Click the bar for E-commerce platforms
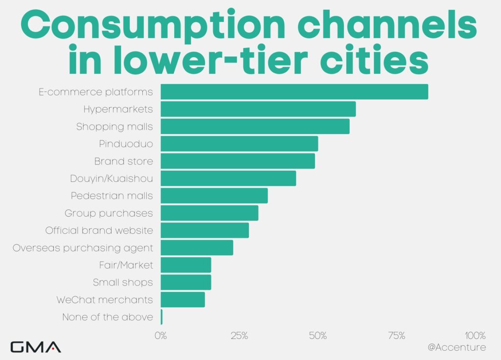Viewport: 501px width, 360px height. point(294,92)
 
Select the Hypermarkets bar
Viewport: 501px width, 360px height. point(258,109)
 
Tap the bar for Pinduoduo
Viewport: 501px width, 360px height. point(239,144)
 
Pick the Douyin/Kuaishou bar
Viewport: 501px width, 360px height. point(228,179)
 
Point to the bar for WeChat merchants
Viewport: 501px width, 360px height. point(182,299)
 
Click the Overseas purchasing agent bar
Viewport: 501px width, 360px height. point(197,247)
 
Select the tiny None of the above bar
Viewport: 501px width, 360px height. point(161,317)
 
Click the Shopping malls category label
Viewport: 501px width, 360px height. point(114,127)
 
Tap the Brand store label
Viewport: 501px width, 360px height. point(123,161)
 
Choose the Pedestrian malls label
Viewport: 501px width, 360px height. point(112,196)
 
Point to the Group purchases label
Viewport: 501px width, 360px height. point(109,213)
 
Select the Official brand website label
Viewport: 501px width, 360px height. point(99,230)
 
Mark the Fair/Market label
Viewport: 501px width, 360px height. point(126,265)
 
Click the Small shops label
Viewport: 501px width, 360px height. point(123,282)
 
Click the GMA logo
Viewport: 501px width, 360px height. point(36,347)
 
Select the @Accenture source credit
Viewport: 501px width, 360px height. point(456,347)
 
